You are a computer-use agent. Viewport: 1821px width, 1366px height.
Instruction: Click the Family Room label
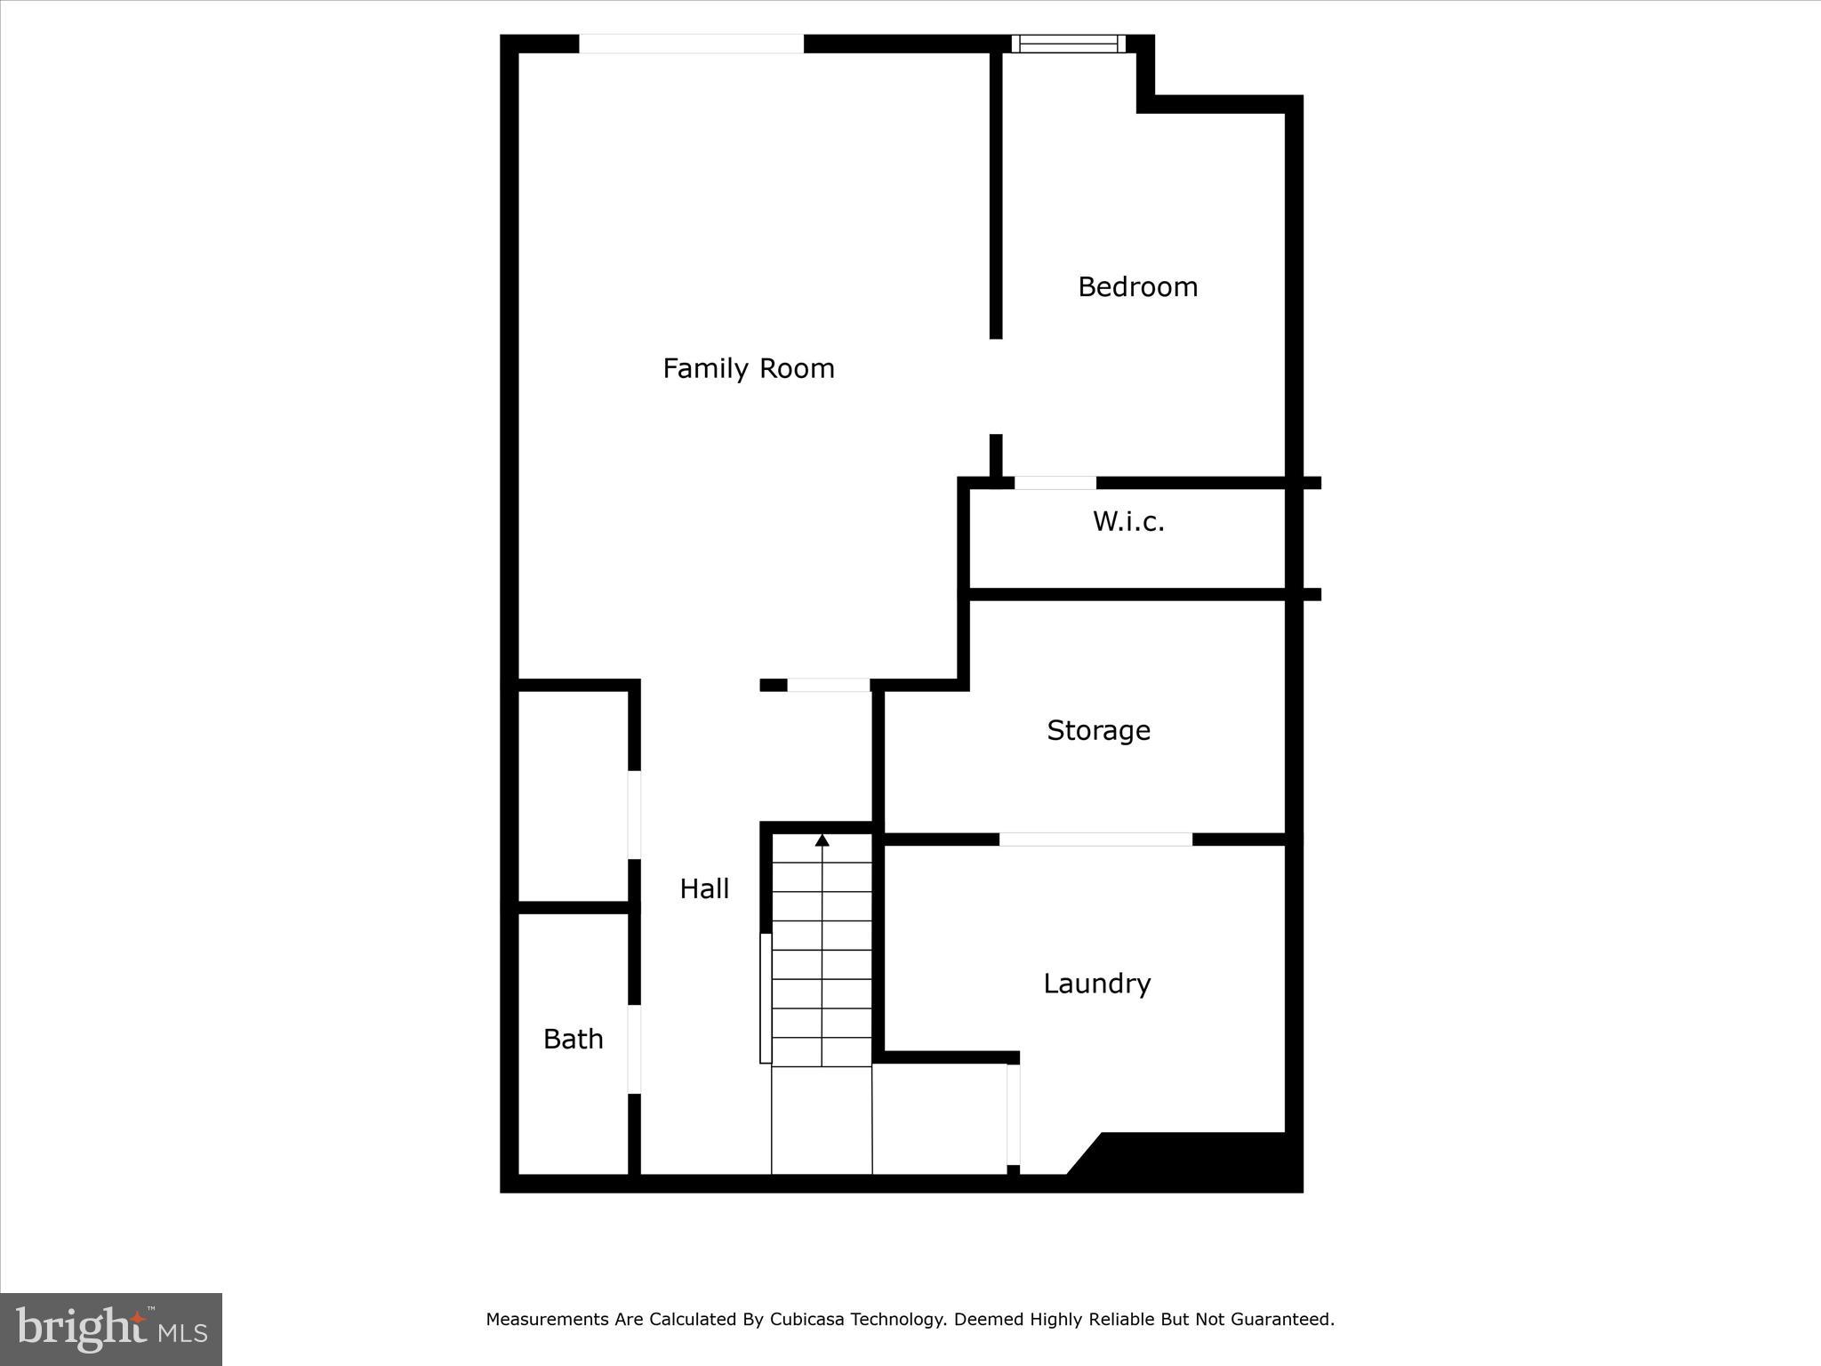[x=749, y=368]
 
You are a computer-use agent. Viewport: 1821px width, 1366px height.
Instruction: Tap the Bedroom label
[x=1137, y=286]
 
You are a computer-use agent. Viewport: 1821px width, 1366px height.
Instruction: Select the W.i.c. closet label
[x=1128, y=521]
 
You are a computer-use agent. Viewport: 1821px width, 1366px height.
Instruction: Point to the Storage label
[x=1098, y=730]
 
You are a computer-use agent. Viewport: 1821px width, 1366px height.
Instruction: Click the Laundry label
[x=1096, y=984]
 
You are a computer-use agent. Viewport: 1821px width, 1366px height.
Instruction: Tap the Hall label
[x=704, y=888]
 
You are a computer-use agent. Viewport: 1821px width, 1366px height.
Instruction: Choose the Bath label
[x=573, y=1039]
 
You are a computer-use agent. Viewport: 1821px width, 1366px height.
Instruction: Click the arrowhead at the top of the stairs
[x=822, y=840]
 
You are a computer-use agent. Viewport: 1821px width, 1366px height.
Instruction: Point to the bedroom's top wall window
[x=1068, y=44]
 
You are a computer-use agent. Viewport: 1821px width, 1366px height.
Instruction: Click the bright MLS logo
[x=111, y=1329]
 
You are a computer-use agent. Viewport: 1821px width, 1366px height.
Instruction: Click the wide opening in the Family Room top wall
[x=691, y=44]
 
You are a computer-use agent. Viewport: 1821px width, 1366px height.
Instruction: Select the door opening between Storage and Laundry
[x=1095, y=840]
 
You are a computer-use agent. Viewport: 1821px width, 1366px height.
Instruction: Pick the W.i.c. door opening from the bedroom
[x=1055, y=483]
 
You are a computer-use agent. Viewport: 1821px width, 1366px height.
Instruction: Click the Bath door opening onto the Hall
[x=635, y=1049]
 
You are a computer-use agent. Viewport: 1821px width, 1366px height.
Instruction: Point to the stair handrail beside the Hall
[x=766, y=998]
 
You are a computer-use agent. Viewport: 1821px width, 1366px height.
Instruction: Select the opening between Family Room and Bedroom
[x=996, y=386]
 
